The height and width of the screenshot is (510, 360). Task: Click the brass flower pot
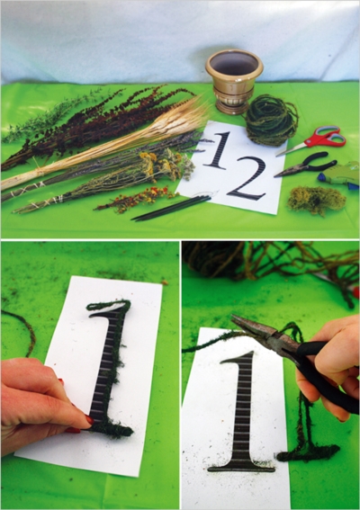pos(234,79)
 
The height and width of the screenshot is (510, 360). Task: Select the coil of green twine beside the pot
pos(271,120)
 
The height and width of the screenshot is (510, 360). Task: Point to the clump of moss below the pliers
pos(316,200)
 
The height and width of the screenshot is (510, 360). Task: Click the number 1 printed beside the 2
pos(217,150)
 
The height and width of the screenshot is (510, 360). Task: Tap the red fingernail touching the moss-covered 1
pos(88,420)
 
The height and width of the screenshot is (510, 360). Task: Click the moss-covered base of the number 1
pos(110,429)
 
